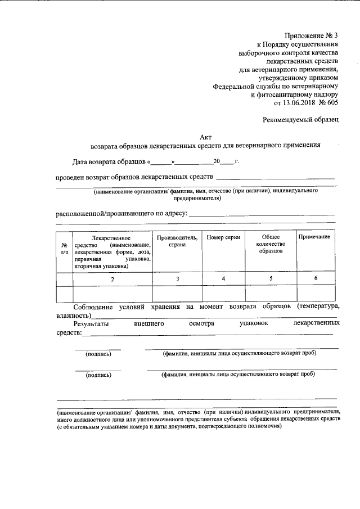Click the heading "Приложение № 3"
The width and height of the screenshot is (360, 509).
click(x=308, y=35)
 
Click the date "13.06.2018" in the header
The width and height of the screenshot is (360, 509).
click(x=303, y=103)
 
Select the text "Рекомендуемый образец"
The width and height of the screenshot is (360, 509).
click(x=300, y=120)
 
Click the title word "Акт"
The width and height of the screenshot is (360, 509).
click(x=206, y=136)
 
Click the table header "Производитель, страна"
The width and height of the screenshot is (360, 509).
click(x=177, y=242)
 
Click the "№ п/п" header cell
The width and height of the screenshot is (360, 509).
click(x=65, y=249)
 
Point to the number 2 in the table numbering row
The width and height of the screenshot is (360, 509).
click(x=112, y=279)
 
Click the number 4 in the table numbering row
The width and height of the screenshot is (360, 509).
click(x=223, y=279)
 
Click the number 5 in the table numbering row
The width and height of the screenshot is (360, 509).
click(x=271, y=279)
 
